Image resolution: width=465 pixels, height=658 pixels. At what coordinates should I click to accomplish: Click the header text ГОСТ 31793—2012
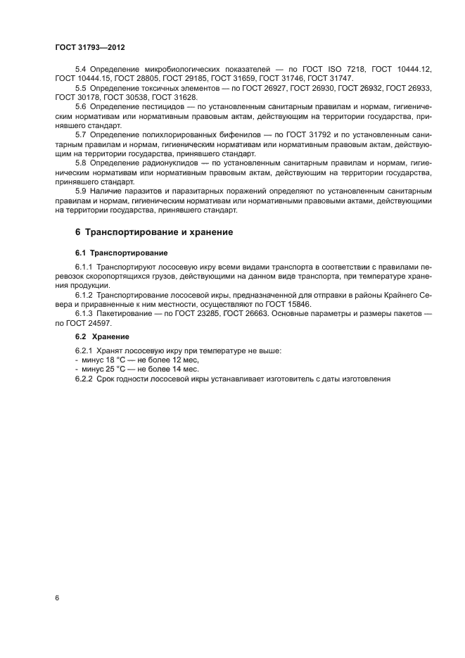[x=89, y=46]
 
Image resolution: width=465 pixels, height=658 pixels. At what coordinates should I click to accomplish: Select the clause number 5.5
[x=82, y=88]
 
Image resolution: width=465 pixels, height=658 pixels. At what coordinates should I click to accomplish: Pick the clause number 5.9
[x=82, y=191]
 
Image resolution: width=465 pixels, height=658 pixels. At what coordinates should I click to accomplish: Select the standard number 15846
[x=300, y=303]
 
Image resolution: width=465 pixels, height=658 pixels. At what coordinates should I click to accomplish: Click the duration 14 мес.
[x=185, y=369]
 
